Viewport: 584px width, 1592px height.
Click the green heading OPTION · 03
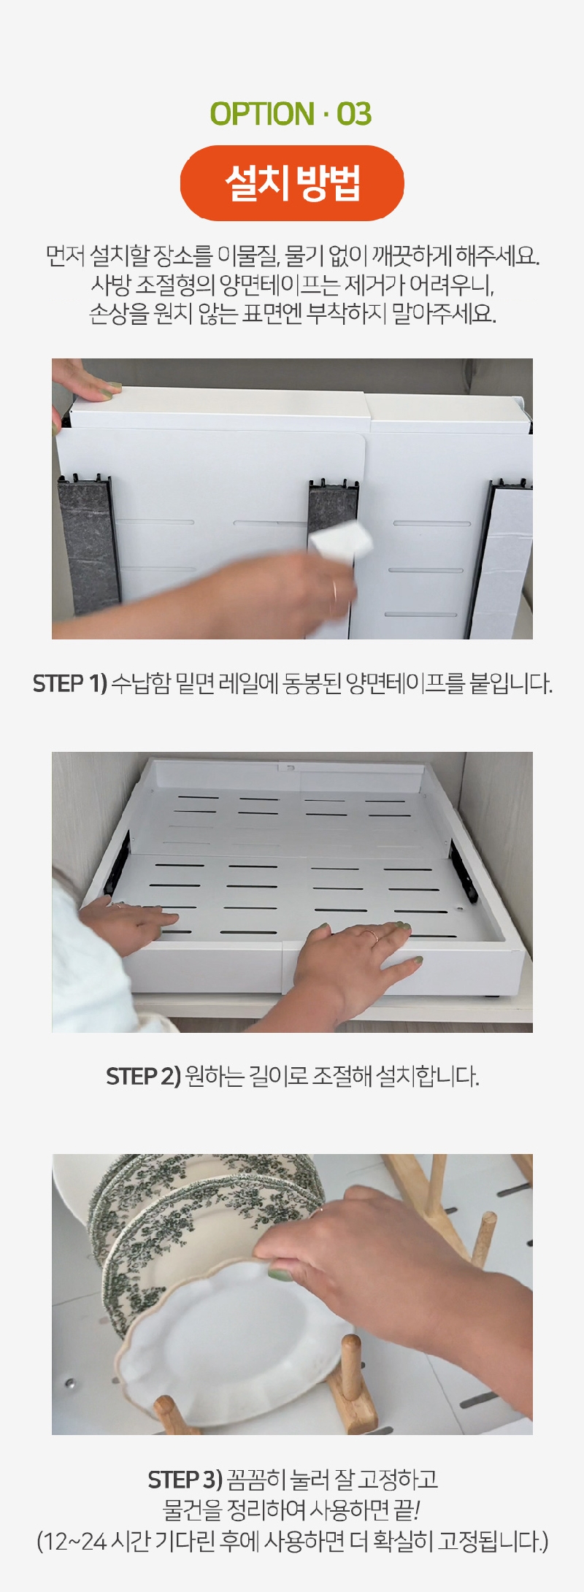pos(291,114)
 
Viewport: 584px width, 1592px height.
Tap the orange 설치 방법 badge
pos(292,183)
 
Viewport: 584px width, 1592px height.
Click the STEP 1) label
pos(70,684)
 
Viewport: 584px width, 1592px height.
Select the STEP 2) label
pos(143,1076)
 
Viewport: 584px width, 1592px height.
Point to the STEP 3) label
pos(185,1480)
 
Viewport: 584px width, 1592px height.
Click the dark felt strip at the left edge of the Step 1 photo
pos(88,544)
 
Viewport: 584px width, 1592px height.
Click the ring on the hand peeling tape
pos(334,588)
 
